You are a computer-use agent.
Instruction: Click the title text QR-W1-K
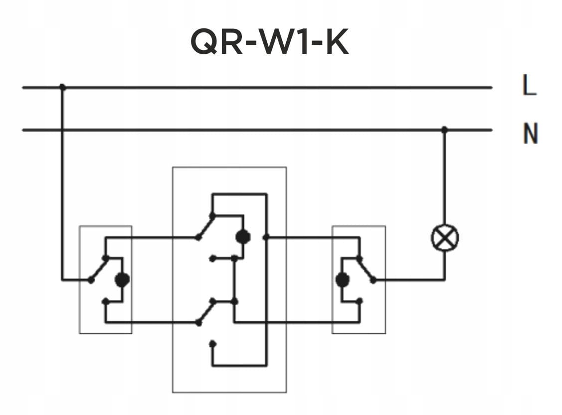click(x=269, y=42)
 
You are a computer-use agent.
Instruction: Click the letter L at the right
click(x=529, y=86)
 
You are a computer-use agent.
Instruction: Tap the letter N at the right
click(x=530, y=134)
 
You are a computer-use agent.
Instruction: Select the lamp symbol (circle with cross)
click(x=444, y=238)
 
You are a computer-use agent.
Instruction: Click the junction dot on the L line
click(x=62, y=87)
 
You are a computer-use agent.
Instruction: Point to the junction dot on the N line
click(x=444, y=130)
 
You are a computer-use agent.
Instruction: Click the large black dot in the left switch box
click(x=122, y=280)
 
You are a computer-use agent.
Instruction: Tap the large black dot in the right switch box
click(x=342, y=280)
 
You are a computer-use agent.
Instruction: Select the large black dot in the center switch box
click(x=243, y=237)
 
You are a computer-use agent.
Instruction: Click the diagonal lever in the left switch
click(x=98, y=269)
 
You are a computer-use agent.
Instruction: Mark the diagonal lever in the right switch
click(x=366, y=269)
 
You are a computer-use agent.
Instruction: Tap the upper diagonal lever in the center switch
click(x=205, y=227)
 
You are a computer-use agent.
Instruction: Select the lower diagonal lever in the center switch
click(x=205, y=312)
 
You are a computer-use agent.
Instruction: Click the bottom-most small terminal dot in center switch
click(x=212, y=343)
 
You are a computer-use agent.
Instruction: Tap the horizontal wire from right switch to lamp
click(x=409, y=280)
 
